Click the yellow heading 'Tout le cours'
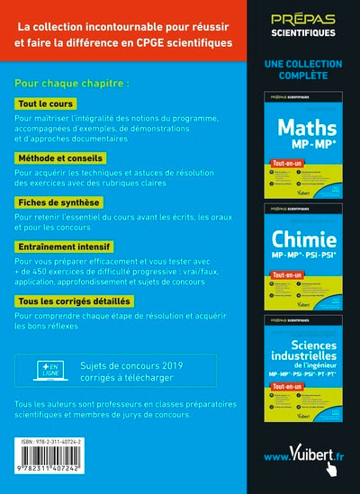pos(47,105)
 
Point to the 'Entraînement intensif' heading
pos(64,246)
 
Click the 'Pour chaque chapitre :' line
pos(71,83)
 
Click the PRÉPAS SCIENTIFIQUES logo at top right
pos(301,26)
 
